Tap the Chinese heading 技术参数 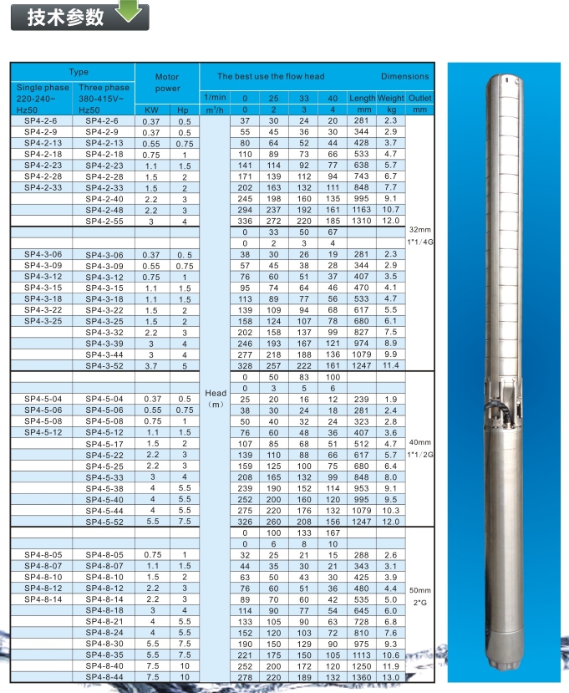(x=55, y=18)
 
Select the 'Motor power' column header (x=167, y=82)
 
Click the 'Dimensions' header (x=404, y=76)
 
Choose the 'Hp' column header (x=184, y=110)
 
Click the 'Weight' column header (x=390, y=99)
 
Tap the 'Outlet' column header (x=419, y=99)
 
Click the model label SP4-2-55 (x=104, y=221)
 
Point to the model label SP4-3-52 (x=104, y=365)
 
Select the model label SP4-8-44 (x=104, y=676)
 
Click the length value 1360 (x=362, y=676)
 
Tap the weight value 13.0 (x=390, y=676)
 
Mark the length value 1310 (x=362, y=221)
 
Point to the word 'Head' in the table (x=215, y=393)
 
